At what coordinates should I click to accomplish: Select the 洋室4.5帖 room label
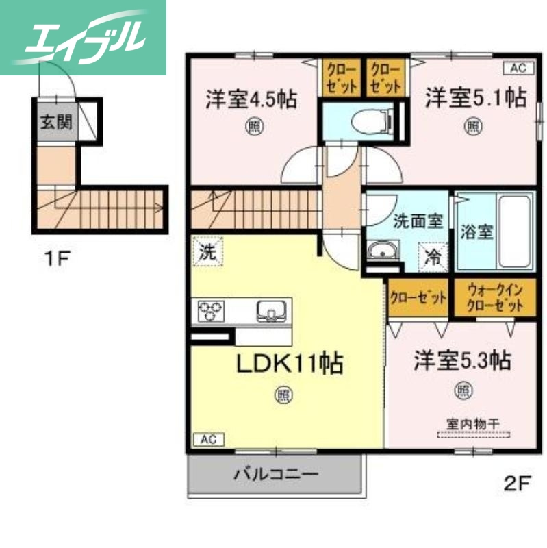click(x=251, y=100)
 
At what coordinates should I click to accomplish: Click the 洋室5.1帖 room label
click(x=475, y=98)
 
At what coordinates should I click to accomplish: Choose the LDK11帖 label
click(x=290, y=364)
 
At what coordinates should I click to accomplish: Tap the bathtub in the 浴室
click(x=515, y=231)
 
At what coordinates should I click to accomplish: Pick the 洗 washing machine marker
click(x=207, y=251)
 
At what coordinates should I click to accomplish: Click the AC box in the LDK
click(x=207, y=439)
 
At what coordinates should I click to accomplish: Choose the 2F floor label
click(x=517, y=484)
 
